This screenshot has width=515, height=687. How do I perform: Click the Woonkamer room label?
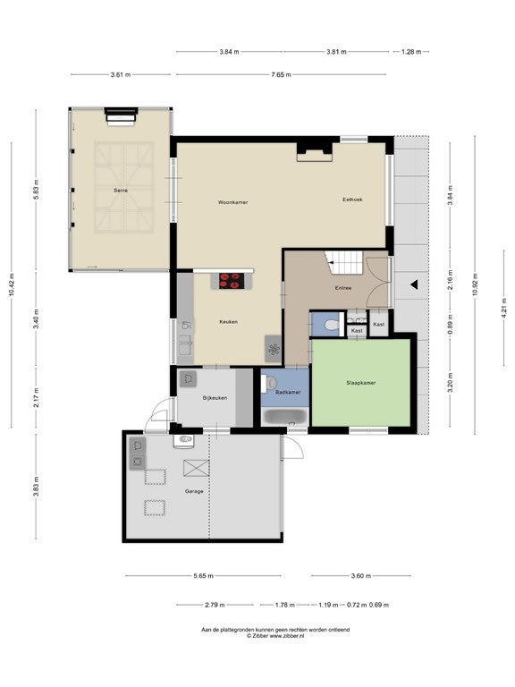click(x=233, y=202)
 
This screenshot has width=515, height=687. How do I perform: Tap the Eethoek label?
click(x=352, y=199)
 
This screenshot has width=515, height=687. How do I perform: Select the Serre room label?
click(x=121, y=191)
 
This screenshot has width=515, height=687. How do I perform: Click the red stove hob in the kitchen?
click(x=232, y=281)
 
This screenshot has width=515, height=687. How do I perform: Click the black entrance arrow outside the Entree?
click(x=414, y=284)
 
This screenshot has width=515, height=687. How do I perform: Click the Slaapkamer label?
click(x=361, y=383)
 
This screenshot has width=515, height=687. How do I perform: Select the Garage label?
click(x=194, y=491)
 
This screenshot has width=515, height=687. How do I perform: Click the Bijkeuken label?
click(x=215, y=398)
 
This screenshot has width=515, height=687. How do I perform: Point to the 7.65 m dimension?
click(x=281, y=74)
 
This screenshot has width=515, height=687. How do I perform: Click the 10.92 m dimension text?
click(x=475, y=284)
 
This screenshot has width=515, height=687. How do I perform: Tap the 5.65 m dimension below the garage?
click(x=203, y=576)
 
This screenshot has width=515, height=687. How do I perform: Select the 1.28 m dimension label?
click(x=411, y=52)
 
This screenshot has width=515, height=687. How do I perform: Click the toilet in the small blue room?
click(x=333, y=325)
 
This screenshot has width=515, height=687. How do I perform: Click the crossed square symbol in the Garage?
click(x=196, y=468)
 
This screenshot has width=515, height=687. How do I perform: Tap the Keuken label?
click(x=229, y=322)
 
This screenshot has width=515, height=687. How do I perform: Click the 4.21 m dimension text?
click(x=503, y=307)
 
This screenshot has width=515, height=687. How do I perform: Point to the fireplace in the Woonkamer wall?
click(x=315, y=151)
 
